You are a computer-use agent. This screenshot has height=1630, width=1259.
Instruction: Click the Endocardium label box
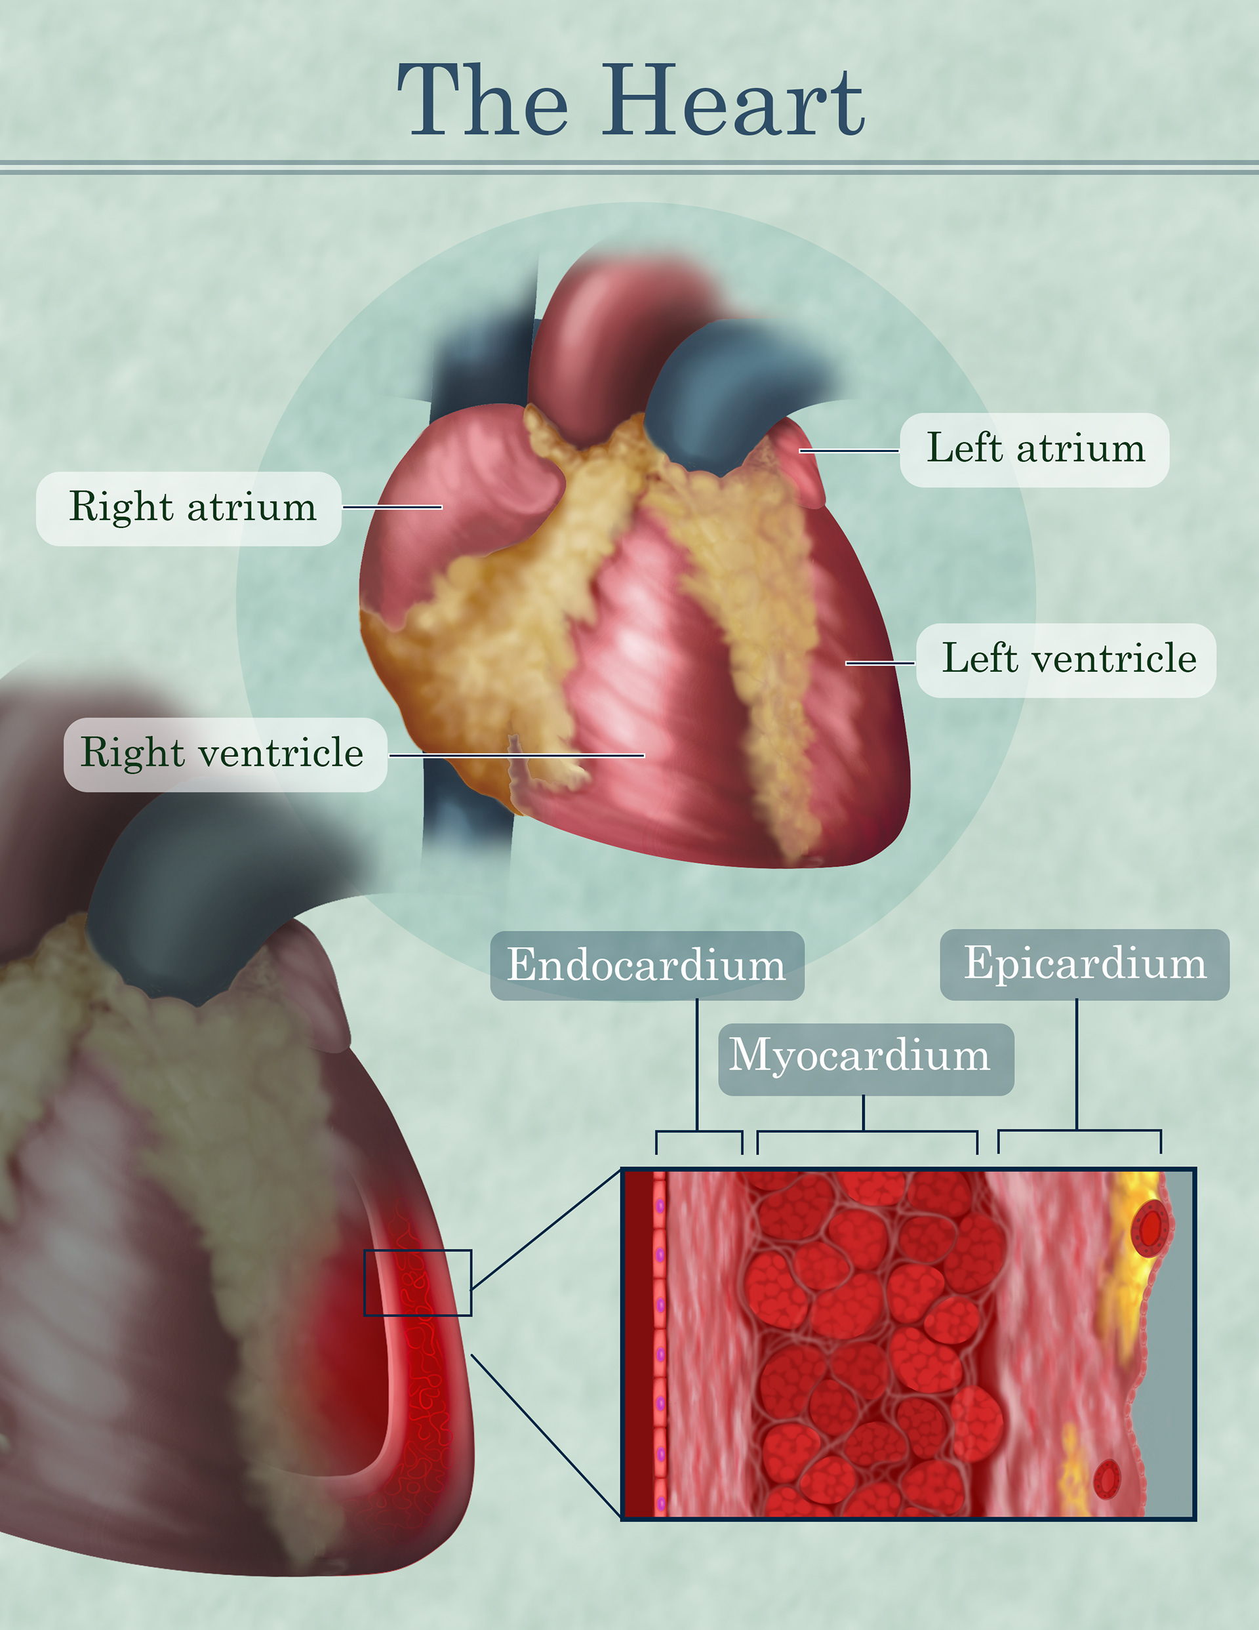[647, 965]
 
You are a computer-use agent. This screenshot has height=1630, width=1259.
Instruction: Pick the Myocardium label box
[866, 1058]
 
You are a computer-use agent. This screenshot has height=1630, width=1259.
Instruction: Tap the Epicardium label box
[1085, 964]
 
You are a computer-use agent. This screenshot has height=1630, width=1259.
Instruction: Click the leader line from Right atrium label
[393, 507]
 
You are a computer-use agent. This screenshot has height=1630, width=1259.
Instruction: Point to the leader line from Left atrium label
[849, 451]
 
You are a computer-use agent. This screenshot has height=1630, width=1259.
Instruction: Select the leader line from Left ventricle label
[880, 662]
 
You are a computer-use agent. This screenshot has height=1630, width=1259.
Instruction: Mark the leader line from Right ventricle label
[517, 755]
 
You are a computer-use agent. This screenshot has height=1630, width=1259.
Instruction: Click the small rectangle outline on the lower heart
[417, 1283]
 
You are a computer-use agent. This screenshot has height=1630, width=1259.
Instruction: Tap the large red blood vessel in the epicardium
[1150, 1228]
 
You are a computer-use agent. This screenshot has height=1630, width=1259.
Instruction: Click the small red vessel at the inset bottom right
[1107, 1478]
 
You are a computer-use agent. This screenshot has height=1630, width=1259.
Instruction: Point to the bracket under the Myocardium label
[867, 1132]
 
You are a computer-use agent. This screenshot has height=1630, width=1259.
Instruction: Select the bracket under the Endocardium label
[698, 1132]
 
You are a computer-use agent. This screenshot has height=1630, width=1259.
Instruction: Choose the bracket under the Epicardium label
[1079, 1131]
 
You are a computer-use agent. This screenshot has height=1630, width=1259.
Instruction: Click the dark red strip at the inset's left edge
[638, 1343]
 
